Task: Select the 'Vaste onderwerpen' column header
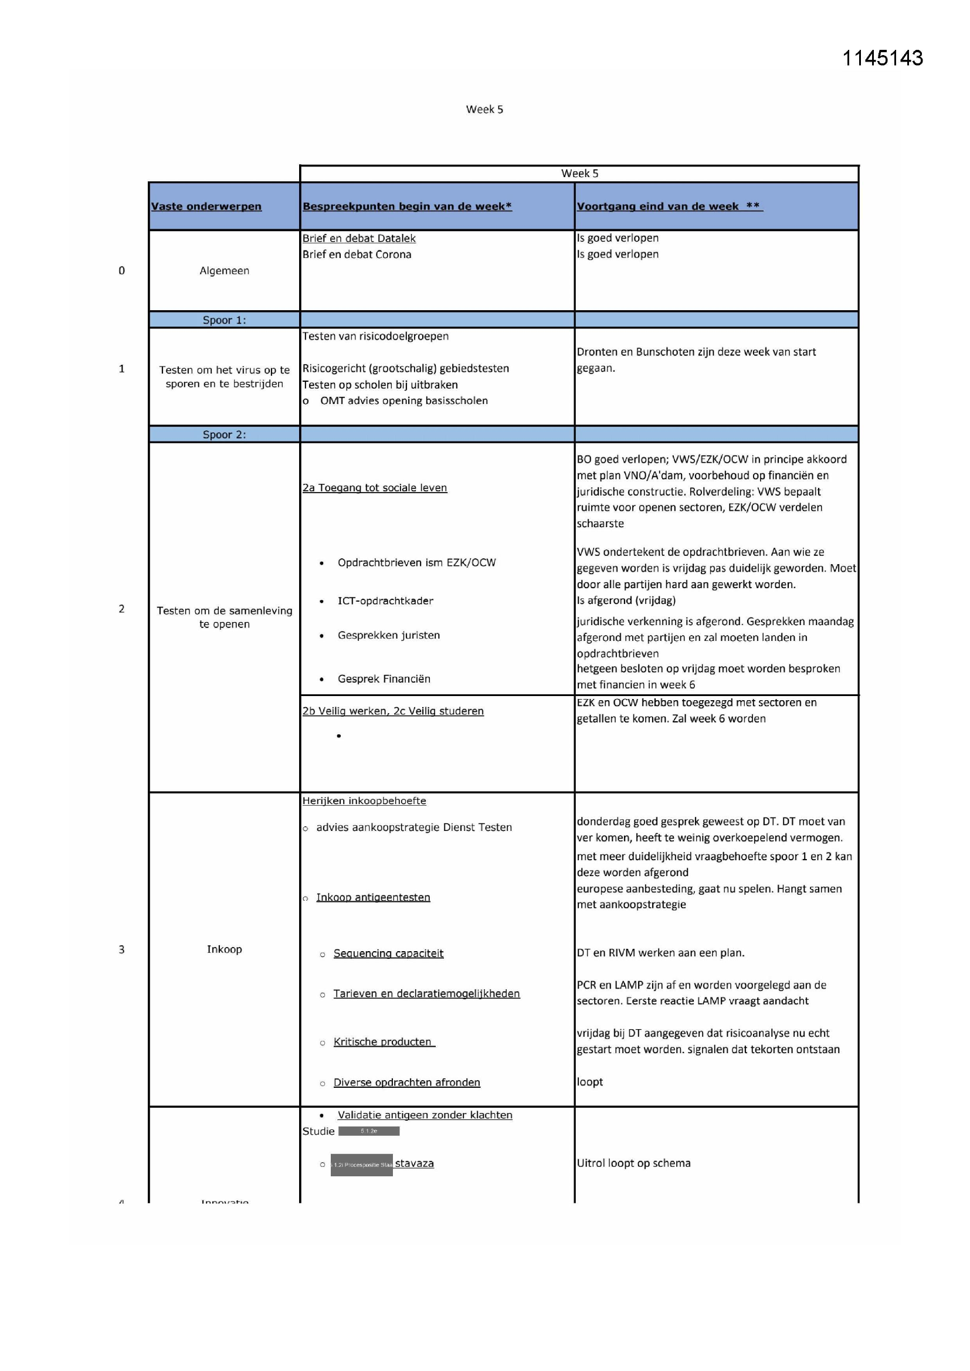(x=206, y=206)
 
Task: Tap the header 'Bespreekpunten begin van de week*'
(x=407, y=206)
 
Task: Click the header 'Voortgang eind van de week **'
(x=669, y=206)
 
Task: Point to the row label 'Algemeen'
(x=224, y=270)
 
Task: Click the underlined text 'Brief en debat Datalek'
(x=358, y=238)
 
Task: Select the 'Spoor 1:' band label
(x=224, y=320)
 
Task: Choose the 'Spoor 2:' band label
(x=224, y=435)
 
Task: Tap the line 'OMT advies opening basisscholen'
(x=403, y=401)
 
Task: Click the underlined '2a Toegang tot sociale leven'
(x=375, y=488)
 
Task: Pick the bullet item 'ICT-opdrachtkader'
(x=385, y=600)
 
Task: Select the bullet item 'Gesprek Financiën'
(x=384, y=679)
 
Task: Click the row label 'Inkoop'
(x=224, y=949)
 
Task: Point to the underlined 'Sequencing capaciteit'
(x=388, y=953)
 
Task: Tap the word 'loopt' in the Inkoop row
(x=589, y=1082)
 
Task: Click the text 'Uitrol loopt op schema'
(x=633, y=1163)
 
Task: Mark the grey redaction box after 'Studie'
(x=368, y=1131)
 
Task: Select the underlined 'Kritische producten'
(x=383, y=1042)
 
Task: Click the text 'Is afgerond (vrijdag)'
(x=626, y=600)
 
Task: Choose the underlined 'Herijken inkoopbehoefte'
(x=364, y=801)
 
